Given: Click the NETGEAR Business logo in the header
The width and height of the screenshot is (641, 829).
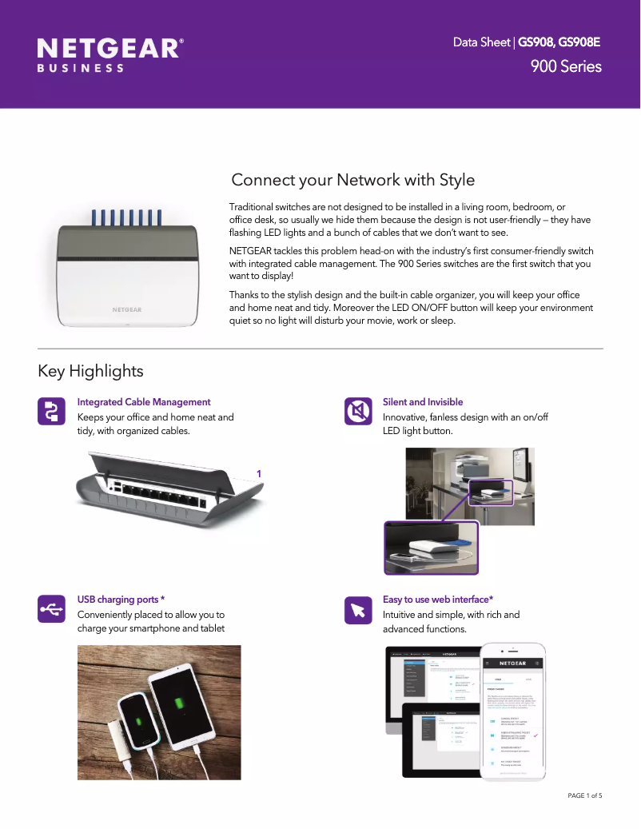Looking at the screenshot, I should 110,54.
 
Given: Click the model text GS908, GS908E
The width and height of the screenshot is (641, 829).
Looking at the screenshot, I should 559,42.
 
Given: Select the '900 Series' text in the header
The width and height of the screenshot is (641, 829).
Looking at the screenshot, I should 566,66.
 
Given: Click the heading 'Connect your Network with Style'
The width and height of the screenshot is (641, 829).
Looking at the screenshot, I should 352,180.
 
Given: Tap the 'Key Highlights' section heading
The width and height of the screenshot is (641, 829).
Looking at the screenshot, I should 90,371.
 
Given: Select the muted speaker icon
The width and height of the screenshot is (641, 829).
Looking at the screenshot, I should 357,411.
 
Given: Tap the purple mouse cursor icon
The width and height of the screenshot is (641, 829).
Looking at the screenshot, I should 357,609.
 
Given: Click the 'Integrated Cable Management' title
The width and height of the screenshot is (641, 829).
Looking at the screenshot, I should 144,402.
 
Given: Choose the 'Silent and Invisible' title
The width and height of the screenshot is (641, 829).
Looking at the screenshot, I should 423,402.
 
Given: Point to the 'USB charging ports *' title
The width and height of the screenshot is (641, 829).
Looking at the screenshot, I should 121,599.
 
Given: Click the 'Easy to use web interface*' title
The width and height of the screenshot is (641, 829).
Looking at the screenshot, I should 438,599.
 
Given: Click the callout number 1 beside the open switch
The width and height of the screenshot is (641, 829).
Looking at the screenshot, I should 258,474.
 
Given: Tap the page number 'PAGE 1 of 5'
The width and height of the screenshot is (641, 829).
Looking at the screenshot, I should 584,795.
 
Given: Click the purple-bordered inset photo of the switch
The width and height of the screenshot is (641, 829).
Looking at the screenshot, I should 431,548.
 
